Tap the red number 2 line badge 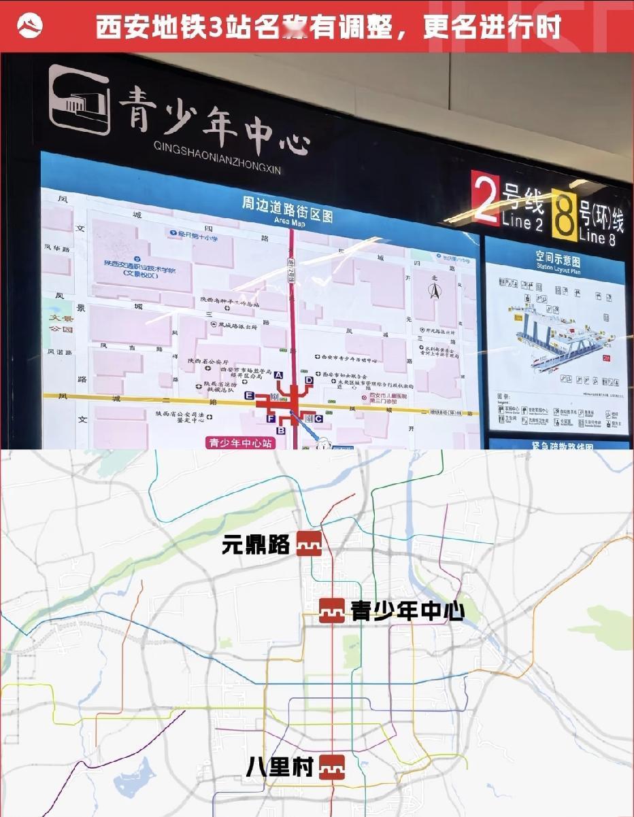point(486,199)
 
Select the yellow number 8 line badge point(563,215)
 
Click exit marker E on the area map point(250,395)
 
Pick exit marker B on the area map point(280,430)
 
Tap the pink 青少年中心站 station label point(240,442)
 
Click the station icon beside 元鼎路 point(309,544)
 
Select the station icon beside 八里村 point(332,767)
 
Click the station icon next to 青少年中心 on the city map point(332,610)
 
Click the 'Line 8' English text point(601,237)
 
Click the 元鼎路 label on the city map point(256,544)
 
